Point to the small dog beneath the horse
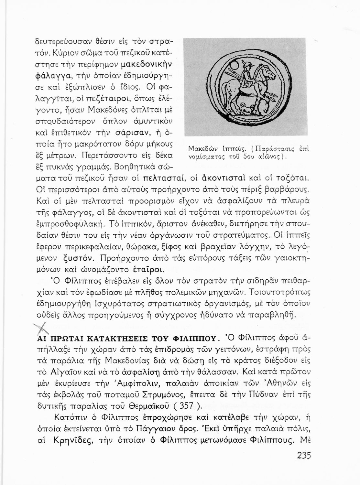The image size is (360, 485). point(245,109)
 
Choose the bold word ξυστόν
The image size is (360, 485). point(79,258)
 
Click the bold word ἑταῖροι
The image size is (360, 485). point(148,269)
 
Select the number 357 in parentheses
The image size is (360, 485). point(188,405)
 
